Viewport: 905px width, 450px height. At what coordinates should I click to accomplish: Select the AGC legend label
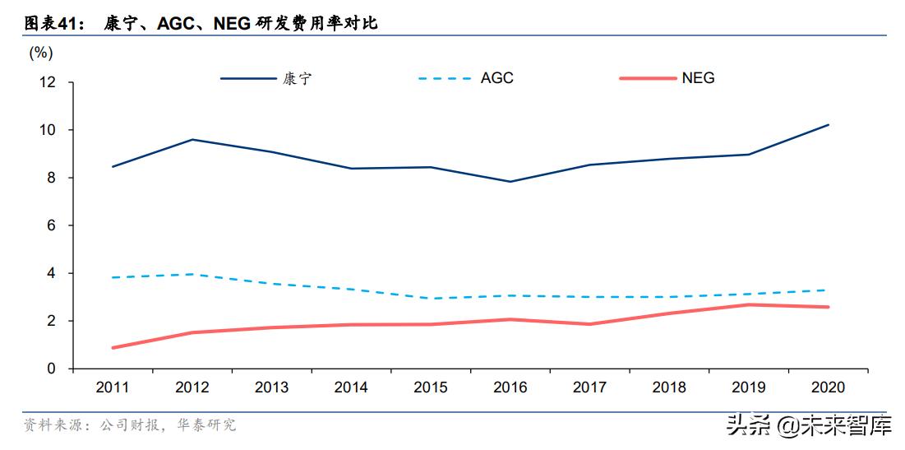point(496,78)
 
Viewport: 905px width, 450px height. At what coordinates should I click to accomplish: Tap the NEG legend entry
point(698,78)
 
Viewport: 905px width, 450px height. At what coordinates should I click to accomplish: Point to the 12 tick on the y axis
point(47,83)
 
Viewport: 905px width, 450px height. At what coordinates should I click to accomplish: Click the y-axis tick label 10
point(47,131)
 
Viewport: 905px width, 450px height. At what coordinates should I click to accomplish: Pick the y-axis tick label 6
point(51,225)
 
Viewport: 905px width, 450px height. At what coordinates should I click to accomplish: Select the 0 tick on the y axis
point(51,369)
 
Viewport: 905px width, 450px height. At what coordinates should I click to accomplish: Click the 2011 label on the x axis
point(113,387)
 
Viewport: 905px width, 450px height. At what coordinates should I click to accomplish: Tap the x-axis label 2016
point(510,387)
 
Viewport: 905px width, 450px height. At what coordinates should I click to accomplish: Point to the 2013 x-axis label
point(271,387)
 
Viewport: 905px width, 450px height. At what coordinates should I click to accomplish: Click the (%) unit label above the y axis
point(41,53)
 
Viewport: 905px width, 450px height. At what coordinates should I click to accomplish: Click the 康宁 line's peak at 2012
point(192,139)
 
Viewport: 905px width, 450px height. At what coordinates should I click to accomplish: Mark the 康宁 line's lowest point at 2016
point(510,182)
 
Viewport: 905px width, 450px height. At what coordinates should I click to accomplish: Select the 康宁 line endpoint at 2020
point(829,125)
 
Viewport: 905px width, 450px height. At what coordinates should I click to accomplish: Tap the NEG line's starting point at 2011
point(113,348)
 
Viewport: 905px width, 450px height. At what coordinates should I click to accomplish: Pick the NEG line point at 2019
point(749,304)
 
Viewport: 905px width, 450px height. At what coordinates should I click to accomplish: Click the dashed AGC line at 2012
point(192,274)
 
